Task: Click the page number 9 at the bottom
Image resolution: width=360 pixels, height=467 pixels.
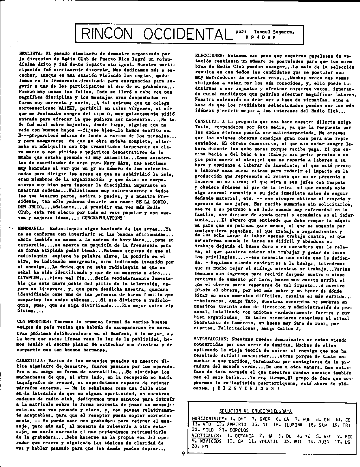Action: pyautogui.click(x=183, y=462)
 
